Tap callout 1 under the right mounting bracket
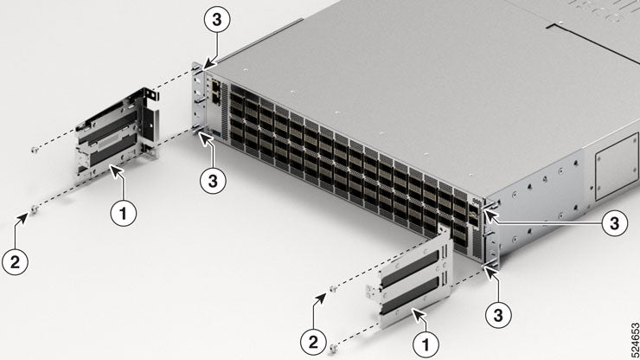pyautogui.click(x=425, y=344)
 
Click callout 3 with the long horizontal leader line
pyautogui.click(x=613, y=223)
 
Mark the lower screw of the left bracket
pyautogui.click(x=32, y=208)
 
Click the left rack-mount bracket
pyautogui.click(x=117, y=135)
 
